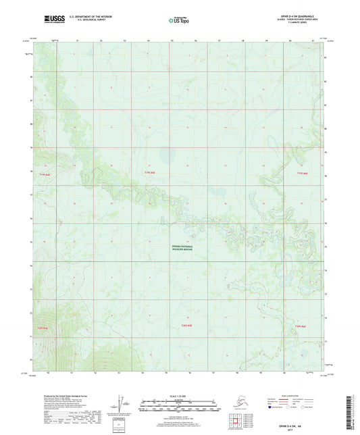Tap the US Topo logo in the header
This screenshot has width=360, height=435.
[x=178, y=21]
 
